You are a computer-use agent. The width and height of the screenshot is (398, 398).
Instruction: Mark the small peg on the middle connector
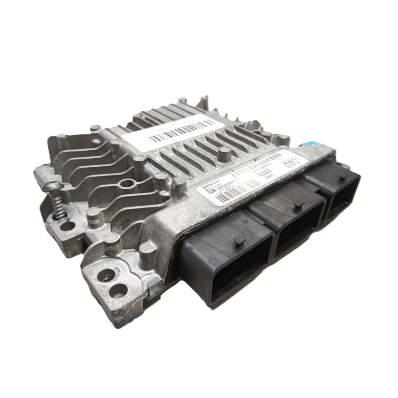(298, 205)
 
